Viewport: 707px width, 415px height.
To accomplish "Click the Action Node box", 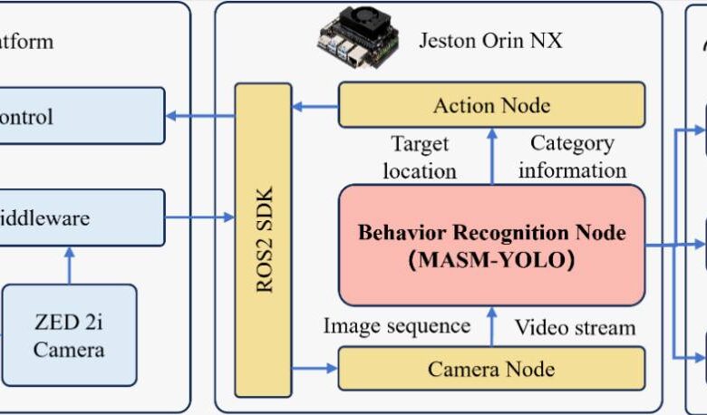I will pos(491,105).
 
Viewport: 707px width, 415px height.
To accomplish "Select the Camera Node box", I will pos(491,369).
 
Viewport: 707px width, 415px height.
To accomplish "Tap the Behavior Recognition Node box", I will pos(491,245).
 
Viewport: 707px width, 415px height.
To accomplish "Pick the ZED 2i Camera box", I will pos(69,335).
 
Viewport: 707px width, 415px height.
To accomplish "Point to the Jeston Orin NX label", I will pos(490,41).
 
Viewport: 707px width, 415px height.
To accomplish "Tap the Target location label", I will pos(419,157).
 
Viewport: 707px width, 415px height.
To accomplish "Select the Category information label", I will pos(572,157).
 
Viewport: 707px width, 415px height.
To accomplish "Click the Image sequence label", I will pos(397,326).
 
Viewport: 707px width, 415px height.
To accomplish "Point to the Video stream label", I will pos(576,326).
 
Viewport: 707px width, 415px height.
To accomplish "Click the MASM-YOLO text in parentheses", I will pos(491,260).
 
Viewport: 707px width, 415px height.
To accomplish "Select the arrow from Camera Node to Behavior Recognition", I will pos(491,326).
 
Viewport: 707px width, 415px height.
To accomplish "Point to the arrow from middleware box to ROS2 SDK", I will pos(199,217).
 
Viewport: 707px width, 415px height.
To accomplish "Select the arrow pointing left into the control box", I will pos(199,116).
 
